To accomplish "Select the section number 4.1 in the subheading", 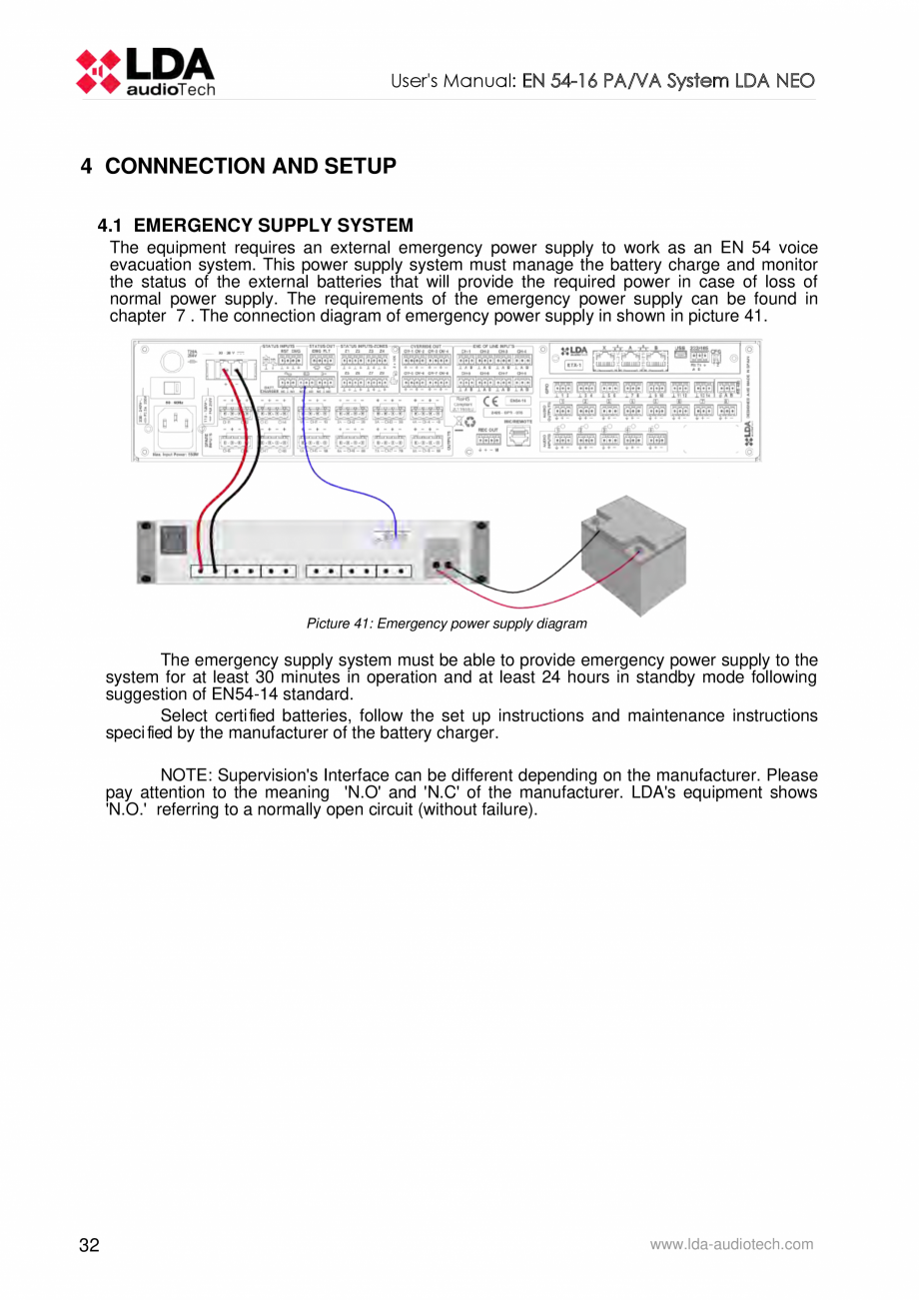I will click(113, 226).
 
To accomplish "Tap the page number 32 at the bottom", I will click(90, 1245).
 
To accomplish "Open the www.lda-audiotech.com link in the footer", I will click(731, 1244).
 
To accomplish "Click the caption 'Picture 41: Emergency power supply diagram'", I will click(447, 624).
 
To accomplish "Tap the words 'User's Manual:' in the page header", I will click(450, 81).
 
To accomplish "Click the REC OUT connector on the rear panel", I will click(488, 438).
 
